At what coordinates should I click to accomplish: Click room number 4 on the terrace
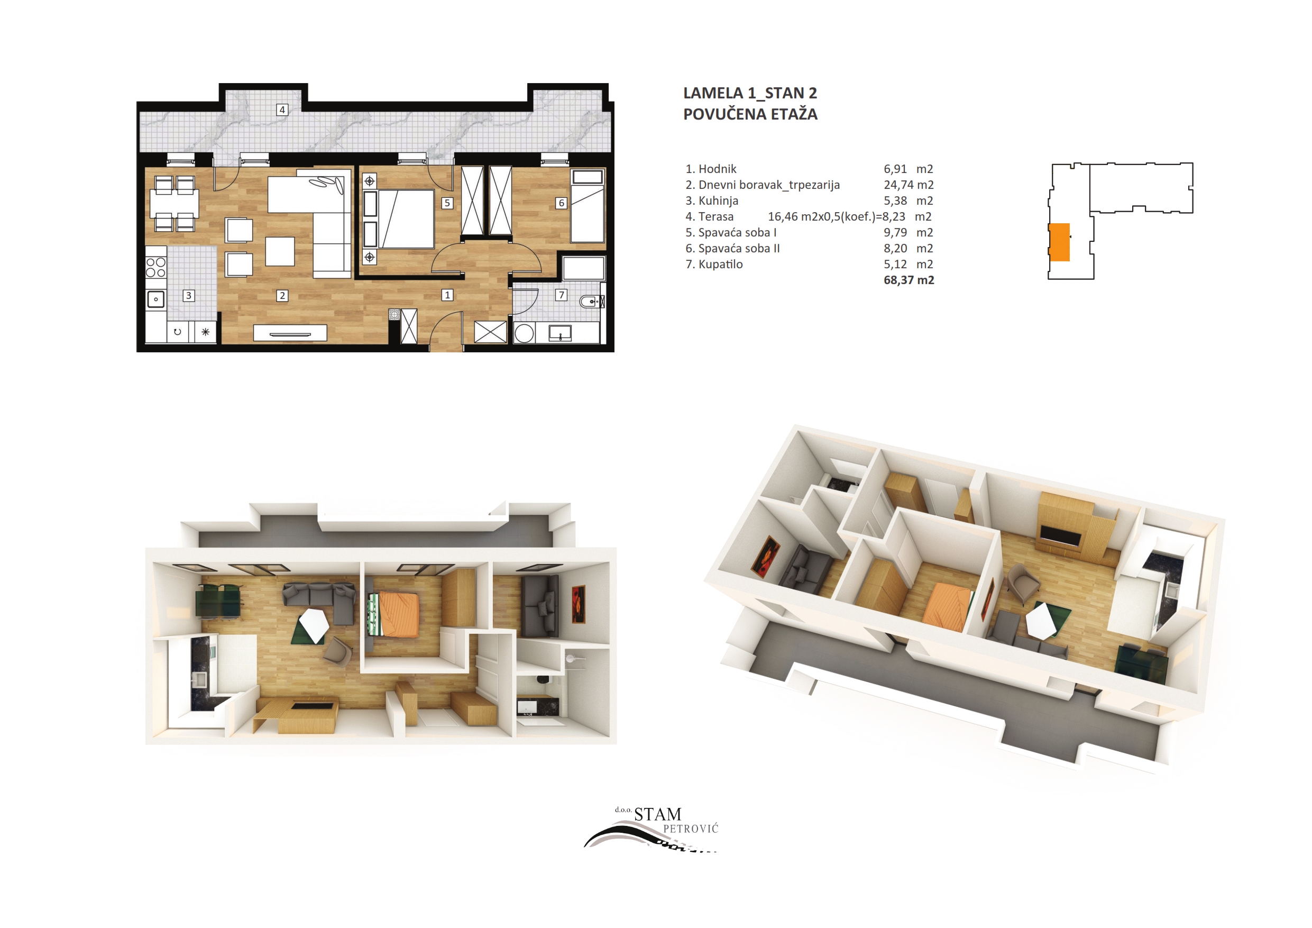click(282, 110)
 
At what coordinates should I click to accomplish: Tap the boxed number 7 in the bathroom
click(561, 295)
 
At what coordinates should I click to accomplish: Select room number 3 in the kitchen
click(189, 296)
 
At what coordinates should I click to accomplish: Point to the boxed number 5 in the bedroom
click(447, 203)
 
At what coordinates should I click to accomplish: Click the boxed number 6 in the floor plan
click(561, 203)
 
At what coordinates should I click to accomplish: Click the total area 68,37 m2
click(909, 280)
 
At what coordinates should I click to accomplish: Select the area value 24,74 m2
click(909, 185)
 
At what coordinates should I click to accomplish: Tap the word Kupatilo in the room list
click(721, 264)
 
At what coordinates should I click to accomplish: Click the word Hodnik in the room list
click(717, 169)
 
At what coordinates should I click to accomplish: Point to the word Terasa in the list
click(716, 217)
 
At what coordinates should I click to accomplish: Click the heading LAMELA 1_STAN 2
click(750, 93)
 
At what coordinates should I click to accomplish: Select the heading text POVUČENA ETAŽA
click(750, 114)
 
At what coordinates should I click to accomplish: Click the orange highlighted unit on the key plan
click(1059, 242)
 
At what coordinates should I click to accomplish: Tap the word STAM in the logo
click(658, 814)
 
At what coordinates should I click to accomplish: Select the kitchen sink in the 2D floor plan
click(155, 299)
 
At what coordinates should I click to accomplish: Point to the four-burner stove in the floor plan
click(155, 267)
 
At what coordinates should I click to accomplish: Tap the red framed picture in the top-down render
click(579, 604)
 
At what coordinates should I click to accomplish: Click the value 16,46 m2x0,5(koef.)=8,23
click(837, 217)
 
